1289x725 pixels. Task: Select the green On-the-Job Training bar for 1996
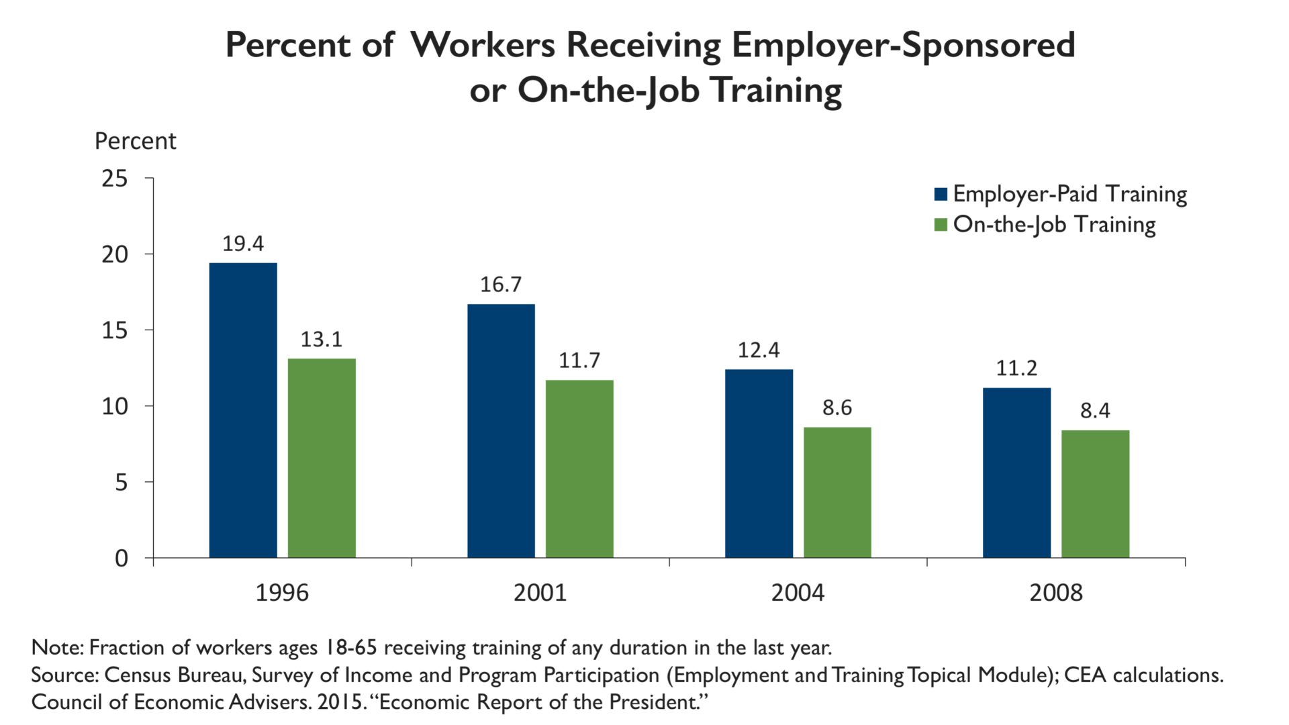(x=322, y=458)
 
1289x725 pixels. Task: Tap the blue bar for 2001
(x=501, y=430)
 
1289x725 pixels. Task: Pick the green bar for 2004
(x=837, y=492)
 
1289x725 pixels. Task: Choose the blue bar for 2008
(x=1016, y=473)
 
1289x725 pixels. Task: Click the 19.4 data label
(x=243, y=244)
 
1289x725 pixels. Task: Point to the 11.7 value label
(x=579, y=360)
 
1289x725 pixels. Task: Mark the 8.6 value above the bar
(x=837, y=407)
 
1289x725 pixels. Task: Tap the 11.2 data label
(x=1016, y=368)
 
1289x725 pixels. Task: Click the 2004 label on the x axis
(x=798, y=593)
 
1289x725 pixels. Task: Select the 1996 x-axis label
(x=282, y=593)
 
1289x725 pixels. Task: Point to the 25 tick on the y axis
(x=114, y=179)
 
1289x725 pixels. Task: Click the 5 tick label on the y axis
(x=121, y=482)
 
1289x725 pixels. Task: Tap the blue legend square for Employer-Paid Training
(x=941, y=194)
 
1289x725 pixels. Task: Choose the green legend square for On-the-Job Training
(x=941, y=224)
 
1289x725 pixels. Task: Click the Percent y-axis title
(x=135, y=141)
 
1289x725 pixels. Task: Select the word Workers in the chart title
(x=483, y=46)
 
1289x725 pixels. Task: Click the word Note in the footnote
(x=56, y=648)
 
